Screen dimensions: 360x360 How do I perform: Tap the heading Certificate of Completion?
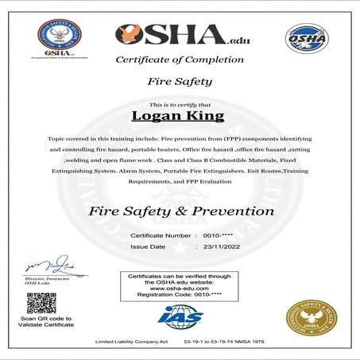180,60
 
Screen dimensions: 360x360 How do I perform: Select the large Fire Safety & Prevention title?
180,211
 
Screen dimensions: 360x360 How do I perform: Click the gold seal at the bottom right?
312,315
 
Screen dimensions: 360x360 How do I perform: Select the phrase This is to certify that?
180,104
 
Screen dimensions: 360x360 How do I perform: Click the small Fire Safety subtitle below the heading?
180,81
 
